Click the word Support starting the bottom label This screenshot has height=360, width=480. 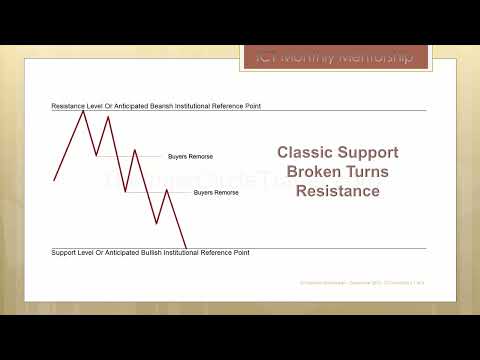(63, 253)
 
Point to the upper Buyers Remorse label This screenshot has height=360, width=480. (190, 157)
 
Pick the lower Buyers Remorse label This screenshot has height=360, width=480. (216, 191)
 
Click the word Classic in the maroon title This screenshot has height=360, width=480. (303, 153)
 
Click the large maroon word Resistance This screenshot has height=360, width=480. (338, 191)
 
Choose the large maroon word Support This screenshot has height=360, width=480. (367, 153)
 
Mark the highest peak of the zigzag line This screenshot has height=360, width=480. (82, 110)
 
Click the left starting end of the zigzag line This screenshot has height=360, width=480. (54, 180)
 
